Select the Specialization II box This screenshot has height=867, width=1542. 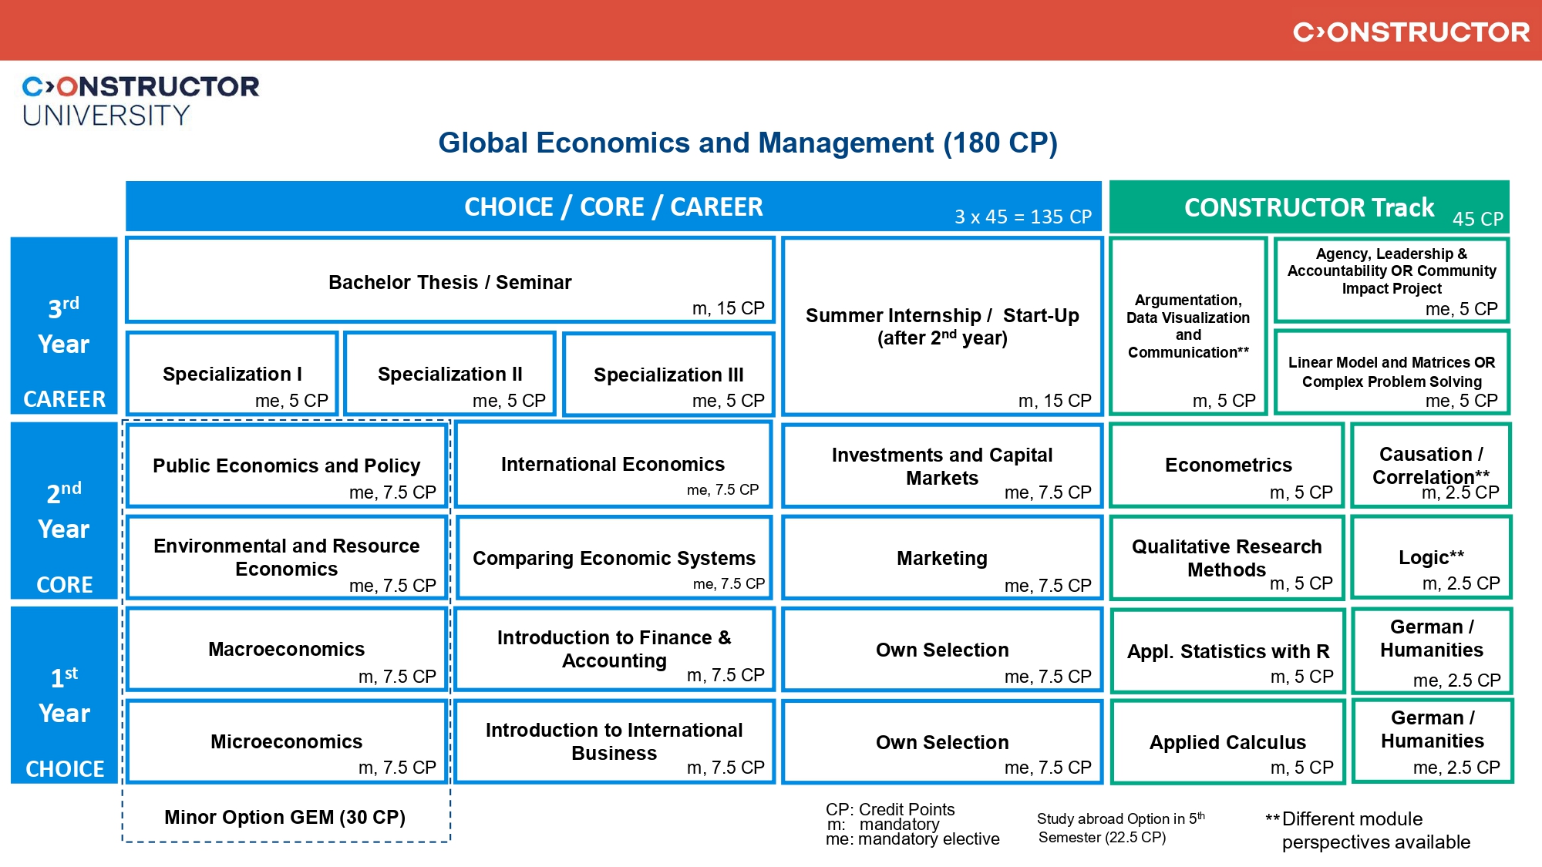[450, 375]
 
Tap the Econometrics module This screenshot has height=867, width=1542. [1227, 465]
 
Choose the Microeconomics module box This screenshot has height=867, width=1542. [287, 741]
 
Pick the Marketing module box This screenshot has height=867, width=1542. [942, 558]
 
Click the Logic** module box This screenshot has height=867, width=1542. [1431, 558]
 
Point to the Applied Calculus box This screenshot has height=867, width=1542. [1227, 742]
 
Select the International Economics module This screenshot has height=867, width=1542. [613, 465]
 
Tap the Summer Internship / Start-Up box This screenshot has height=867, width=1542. [942, 327]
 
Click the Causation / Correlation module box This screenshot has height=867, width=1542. [1431, 465]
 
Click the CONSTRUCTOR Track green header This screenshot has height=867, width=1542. [1309, 207]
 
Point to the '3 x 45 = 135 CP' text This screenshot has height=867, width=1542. [1023, 217]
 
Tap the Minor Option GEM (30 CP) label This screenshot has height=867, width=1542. [284, 817]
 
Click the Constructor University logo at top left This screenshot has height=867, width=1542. [140, 100]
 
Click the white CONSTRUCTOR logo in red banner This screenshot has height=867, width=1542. [1411, 32]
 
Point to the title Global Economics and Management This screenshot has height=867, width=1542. [747, 143]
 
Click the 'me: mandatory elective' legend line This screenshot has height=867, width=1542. [912, 839]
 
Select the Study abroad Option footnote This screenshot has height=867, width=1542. [1120, 828]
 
